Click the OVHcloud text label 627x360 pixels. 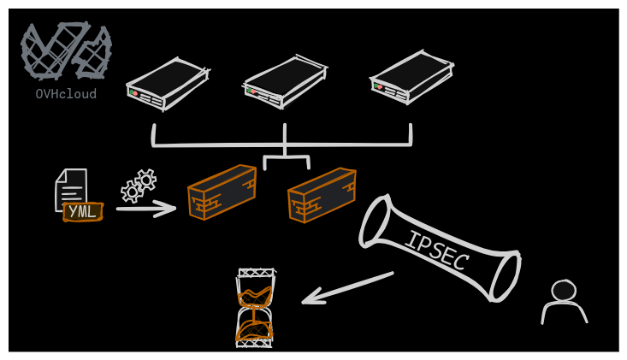[x=66, y=94]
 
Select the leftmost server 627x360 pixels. [x=167, y=84]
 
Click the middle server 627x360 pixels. [x=285, y=82]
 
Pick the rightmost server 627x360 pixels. [x=411, y=77]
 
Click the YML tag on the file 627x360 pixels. [x=83, y=211]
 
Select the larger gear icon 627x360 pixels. [x=146, y=180]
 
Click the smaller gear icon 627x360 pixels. [x=132, y=192]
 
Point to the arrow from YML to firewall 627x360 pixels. [x=145, y=208]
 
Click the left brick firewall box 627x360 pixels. [x=222, y=192]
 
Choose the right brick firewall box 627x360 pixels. [x=322, y=195]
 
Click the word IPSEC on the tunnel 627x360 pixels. [x=436, y=250]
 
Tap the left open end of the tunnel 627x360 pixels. [x=376, y=221]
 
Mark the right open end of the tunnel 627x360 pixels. [x=505, y=275]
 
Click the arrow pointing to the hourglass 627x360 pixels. [x=346, y=288]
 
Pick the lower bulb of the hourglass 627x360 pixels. [x=255, y=329]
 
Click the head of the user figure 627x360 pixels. [x=563, y=291]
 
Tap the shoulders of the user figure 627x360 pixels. [x=564, y=313]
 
